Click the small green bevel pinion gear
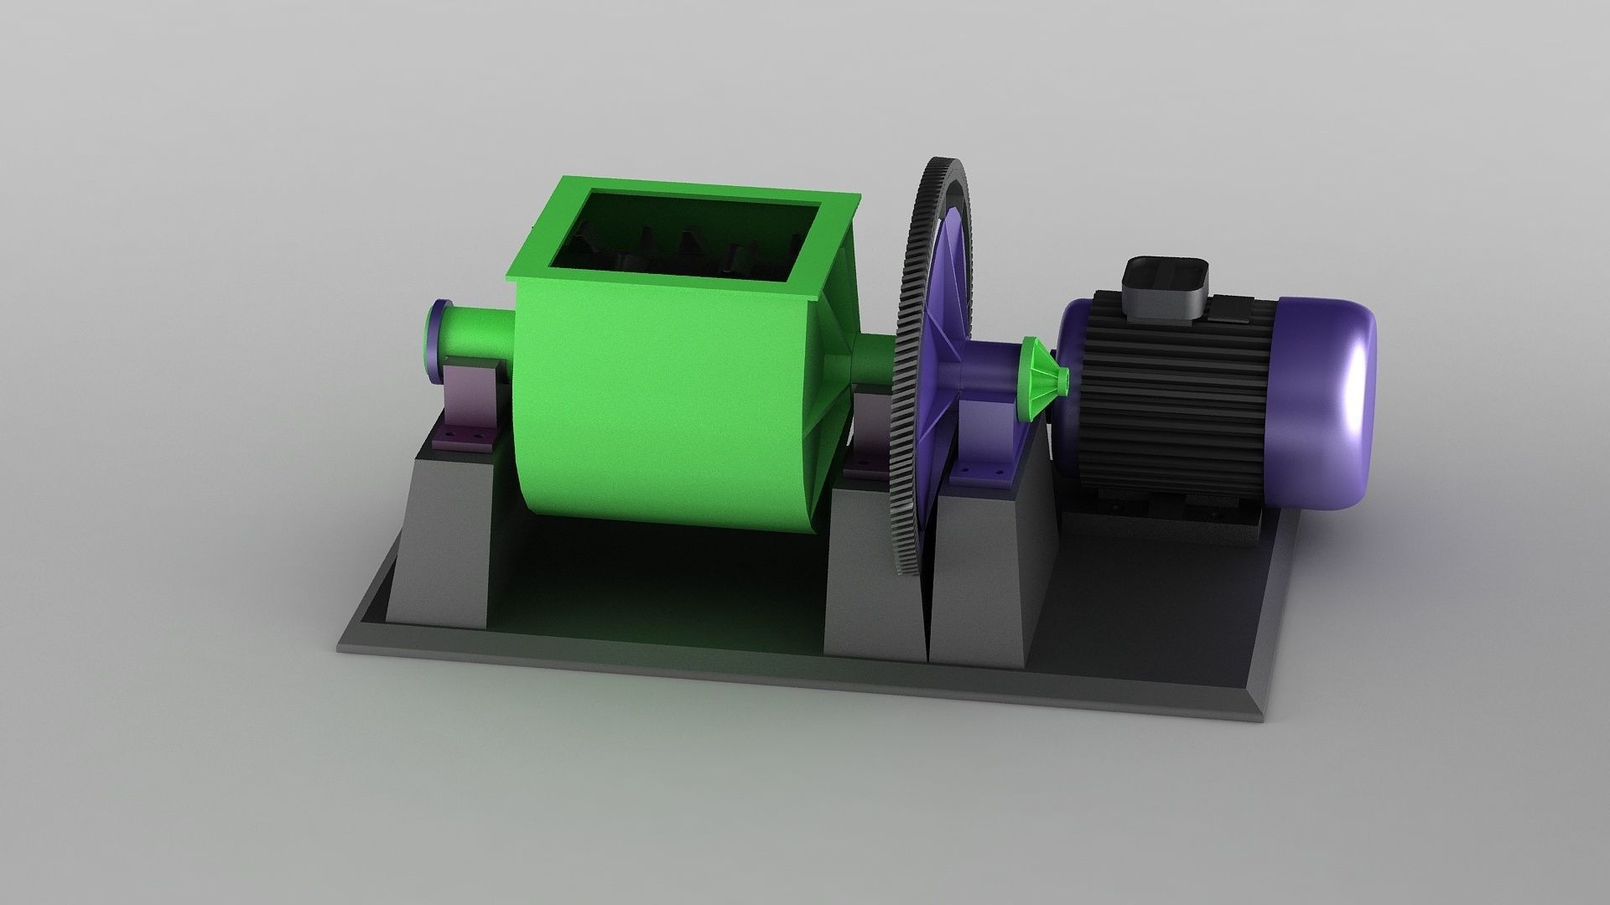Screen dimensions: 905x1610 coord(1042,381)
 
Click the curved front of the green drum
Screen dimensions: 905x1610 coord(662,419)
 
